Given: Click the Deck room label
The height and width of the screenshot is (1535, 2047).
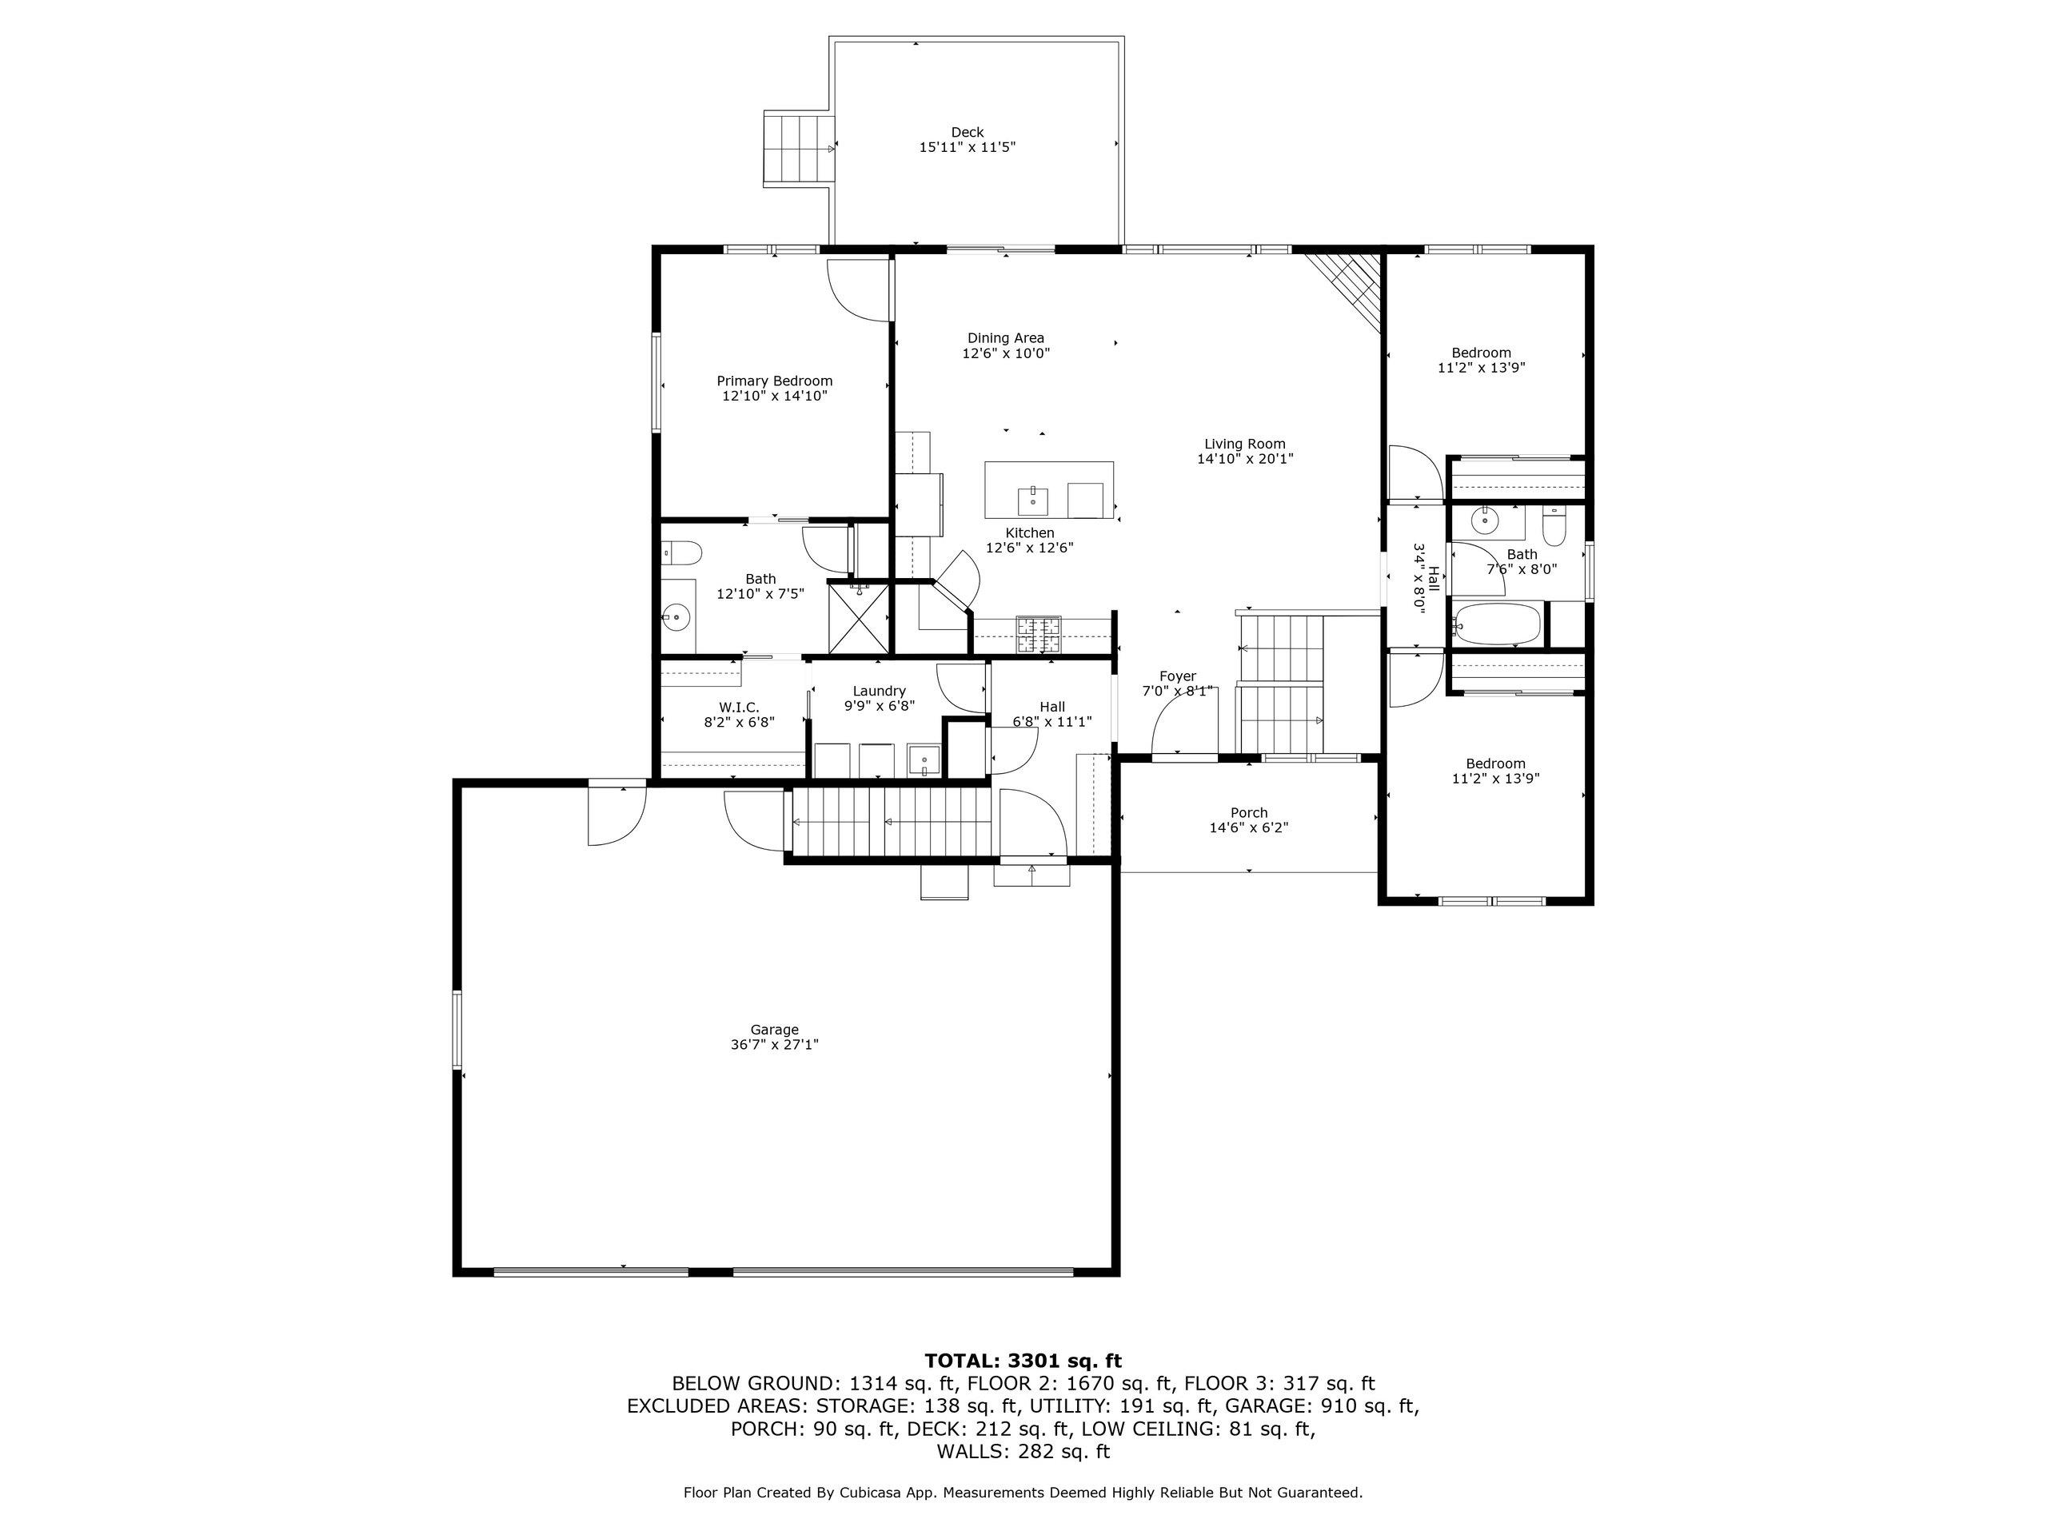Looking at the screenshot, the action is click(967, 132).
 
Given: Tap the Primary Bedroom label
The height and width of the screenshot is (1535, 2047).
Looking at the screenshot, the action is click(775, 381).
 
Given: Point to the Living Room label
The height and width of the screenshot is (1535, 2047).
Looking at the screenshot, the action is click(1245, 445).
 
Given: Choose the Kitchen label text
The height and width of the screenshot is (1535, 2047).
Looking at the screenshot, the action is click(1030, 533).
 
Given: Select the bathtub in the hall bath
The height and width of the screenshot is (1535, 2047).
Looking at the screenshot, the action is click(1496, 624).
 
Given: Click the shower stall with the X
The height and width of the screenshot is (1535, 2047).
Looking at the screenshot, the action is click(858, 618).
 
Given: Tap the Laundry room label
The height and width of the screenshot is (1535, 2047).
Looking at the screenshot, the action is click(879, 692).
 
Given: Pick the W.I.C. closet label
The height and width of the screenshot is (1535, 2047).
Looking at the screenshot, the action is click(739, 708).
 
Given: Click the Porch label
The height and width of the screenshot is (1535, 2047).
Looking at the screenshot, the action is click(1248, 813).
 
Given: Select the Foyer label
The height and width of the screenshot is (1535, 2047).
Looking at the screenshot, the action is click(1177, 676).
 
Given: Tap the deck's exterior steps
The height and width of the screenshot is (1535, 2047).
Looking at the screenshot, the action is click(798, 148).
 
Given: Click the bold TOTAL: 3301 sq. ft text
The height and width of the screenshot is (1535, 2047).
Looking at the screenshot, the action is click(1023, 1361).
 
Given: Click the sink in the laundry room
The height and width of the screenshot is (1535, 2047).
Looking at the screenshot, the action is click(924, 760).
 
